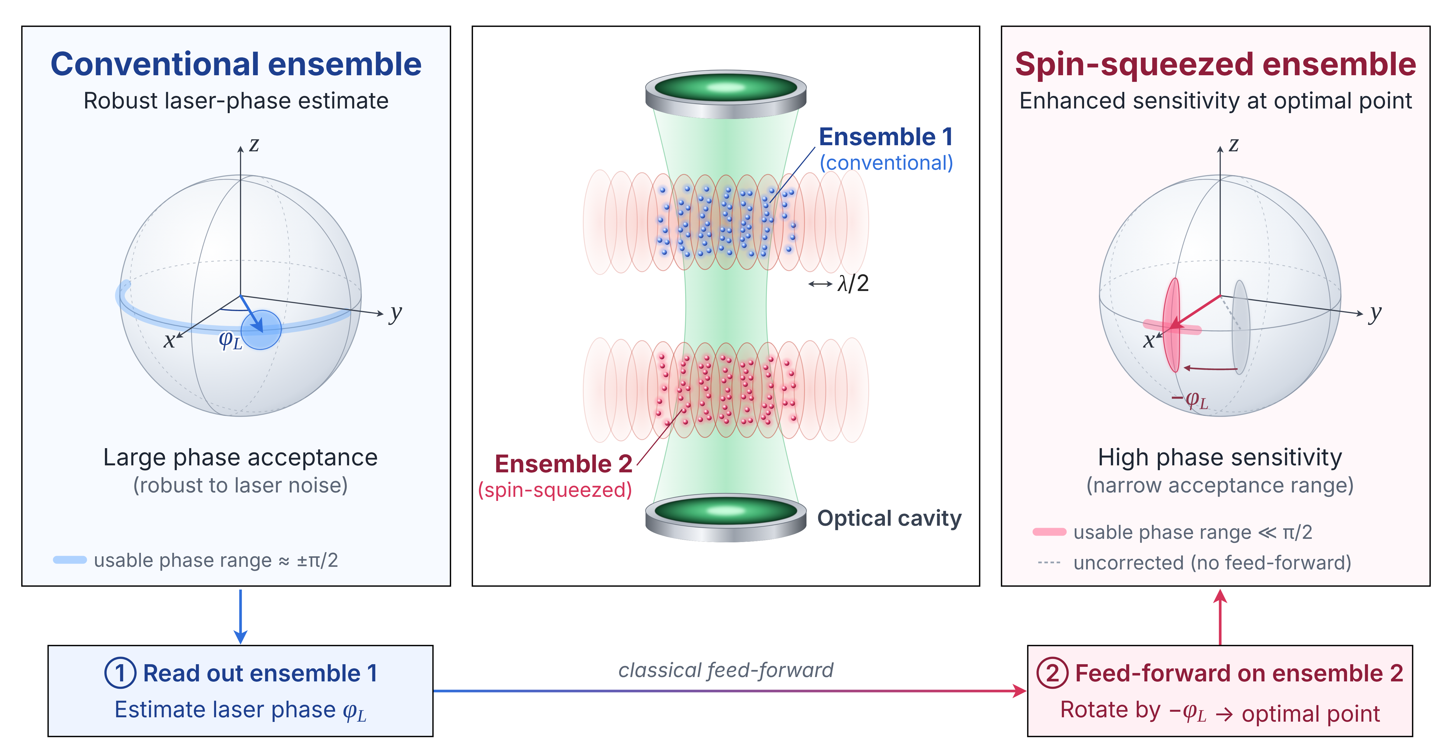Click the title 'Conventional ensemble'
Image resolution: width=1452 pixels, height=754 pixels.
pyautogui.click(x=236, y=64)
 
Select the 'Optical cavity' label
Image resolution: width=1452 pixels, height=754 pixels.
pyautogui.click(x=890, y=518)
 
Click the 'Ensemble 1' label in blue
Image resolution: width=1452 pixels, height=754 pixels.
pyautogui.click(x=885, y=137)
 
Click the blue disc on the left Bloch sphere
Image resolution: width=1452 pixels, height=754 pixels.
pyautogui.click(x=261, y=330)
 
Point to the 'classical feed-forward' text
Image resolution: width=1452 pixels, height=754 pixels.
pyautogui.click(x=725, y=670)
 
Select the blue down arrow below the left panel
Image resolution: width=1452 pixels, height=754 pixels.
pyautogui.click(x=241, y=616)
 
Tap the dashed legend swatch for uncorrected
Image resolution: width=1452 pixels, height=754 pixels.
pyautogui.click(x=1049, y=562)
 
